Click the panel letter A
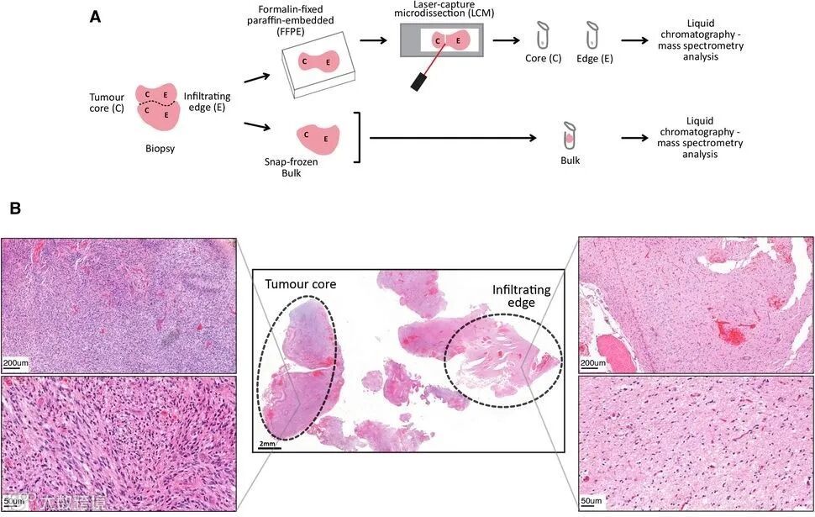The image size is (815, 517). (97, 16)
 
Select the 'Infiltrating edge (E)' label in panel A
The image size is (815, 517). (207, 102)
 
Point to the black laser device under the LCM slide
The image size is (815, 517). (418, 82)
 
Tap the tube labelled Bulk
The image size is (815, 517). (569, 135)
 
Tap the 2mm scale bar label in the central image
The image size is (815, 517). (268, 443)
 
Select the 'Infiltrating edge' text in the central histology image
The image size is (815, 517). (522, 297)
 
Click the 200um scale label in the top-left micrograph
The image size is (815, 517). (17, 363)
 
